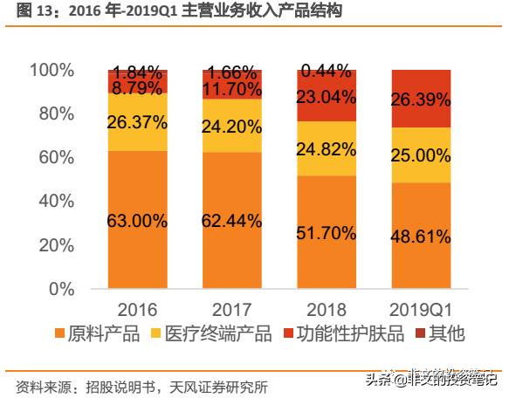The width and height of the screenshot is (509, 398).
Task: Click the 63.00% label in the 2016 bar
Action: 137,222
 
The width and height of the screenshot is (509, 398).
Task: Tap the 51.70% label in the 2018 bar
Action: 327,233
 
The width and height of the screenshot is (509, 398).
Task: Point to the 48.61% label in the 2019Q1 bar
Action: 421,237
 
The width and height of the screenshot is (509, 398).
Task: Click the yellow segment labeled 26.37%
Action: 137,122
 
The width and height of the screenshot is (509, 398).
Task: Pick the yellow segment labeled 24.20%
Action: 231,126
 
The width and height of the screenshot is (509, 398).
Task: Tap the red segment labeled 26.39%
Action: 421,99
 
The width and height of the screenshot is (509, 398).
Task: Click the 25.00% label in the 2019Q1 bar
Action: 421,155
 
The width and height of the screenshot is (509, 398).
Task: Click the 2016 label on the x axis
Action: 137,308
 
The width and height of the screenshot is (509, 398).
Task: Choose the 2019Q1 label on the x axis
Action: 421,308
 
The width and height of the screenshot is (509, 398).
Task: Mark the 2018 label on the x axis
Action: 327,308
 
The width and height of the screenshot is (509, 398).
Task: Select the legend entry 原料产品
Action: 103,334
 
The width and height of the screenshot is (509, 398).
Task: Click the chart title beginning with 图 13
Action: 175,11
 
